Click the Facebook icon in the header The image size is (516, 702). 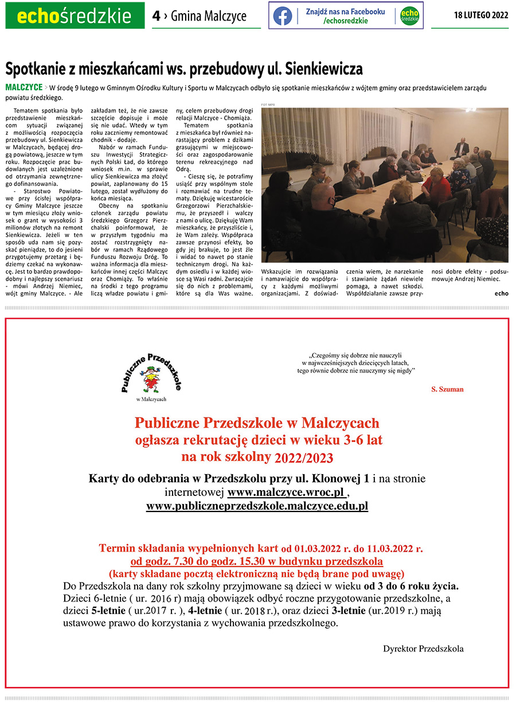[282, 15]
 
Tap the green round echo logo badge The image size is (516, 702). [409, 15]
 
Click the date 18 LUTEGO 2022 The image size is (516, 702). [481, 15]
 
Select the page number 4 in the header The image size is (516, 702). [156, 16]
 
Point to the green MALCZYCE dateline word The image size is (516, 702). [24, 87]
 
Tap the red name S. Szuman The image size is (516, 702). [447, 389]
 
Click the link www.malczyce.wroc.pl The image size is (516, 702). [286, 492]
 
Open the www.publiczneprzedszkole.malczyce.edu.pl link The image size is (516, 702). [257, 506]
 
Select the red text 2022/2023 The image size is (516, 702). [303, 457]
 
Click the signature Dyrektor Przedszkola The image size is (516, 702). [423, 649]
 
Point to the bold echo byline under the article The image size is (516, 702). [501, 293]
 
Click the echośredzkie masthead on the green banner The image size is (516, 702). [75, 16]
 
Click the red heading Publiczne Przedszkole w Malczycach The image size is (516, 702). [257, 423]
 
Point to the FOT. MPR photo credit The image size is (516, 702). [268, 105]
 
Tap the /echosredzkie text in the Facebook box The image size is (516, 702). [345, 21]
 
